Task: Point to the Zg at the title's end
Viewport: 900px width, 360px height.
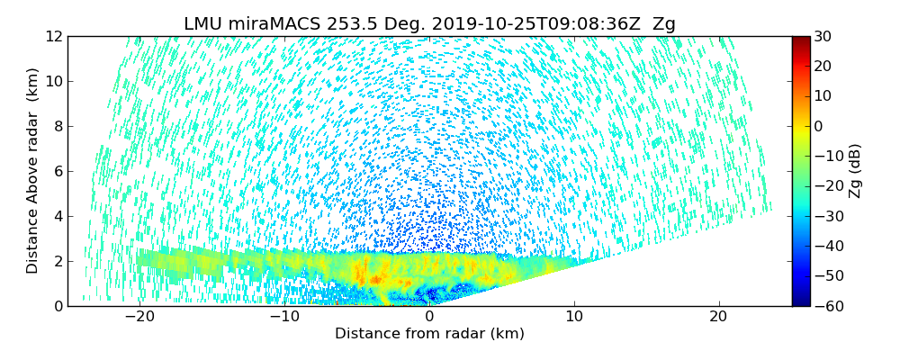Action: click(x=663, y=24)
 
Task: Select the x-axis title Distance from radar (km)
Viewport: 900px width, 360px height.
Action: click(x=429, y=334)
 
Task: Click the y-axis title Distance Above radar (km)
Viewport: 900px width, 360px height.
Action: click(x=33, y=171)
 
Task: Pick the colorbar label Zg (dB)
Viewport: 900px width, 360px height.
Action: click(x=855, y=171)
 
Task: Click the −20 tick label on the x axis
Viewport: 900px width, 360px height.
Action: click(x=139, y=317)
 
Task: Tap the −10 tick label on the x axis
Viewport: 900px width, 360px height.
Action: click(x=284, y=317)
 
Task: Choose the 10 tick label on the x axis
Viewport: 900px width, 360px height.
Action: click(x=574, y=317)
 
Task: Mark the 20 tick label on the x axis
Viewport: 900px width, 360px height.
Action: click(x=718, y=317)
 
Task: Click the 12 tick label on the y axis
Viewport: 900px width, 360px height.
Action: click(x=54, y=37)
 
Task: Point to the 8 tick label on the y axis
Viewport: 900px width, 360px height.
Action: click(x=58, y=127)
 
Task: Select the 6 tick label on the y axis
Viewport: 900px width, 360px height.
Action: click(x=58, y=172)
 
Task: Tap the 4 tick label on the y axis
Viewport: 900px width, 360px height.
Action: click(x=58, y=217)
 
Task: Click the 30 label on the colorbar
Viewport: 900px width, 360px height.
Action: click(x=823, y=37)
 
